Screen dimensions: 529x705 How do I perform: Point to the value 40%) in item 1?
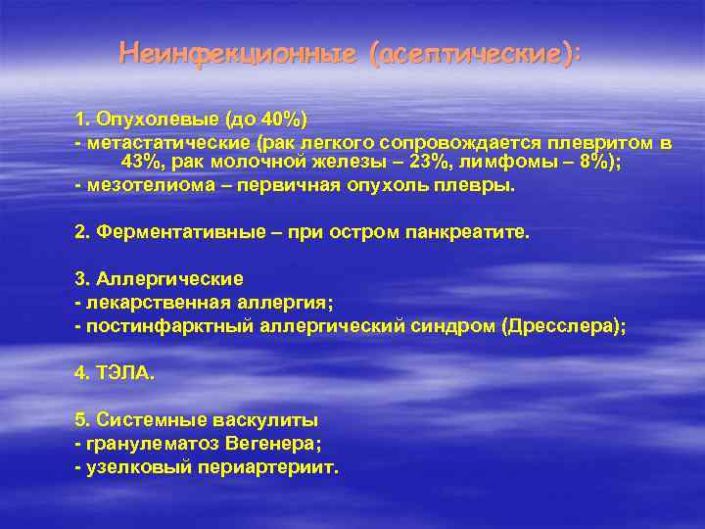pos(283,120)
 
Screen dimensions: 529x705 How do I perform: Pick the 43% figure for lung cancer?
pos(139,162)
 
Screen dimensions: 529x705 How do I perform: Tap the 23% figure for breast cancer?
pos(429,162)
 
